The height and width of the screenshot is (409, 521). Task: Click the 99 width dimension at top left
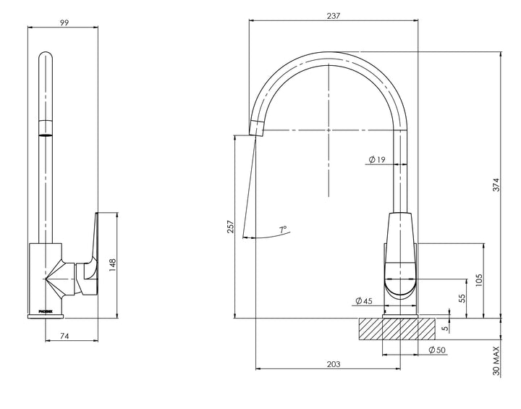click(x=64, y=22)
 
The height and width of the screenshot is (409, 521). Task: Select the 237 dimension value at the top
click(x=334, y=15)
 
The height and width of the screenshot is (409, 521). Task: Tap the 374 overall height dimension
click(x=496, y=185)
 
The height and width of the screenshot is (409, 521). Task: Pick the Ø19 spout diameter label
click(x=376, y=159)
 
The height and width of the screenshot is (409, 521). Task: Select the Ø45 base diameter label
click(x=364, y=301)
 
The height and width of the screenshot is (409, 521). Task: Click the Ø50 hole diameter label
click(x=436, y=350)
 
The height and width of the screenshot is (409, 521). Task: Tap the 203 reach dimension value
click(x=333, y=363)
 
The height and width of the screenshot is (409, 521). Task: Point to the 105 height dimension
click(x=478, y=279)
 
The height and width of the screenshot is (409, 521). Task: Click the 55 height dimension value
click(x=461, y=298)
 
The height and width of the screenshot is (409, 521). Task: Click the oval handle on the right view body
click(x=399, y=279)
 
